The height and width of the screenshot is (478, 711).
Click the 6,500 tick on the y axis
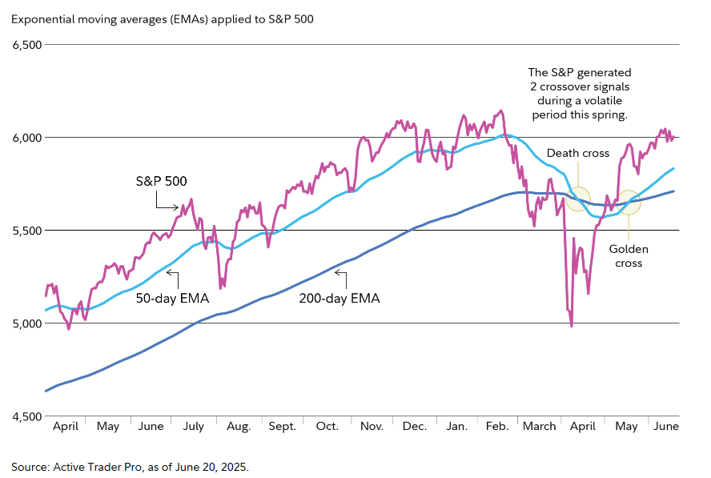(x=26, y=45)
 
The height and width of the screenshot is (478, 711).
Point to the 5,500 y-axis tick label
(x=26, y=231)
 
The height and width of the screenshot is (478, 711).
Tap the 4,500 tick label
(x=26, y=417)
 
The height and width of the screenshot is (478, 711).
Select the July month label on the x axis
(x=194, y=427)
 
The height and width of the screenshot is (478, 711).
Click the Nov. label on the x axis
(x=372, y=427)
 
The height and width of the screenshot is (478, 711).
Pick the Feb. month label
(x=497, y=427)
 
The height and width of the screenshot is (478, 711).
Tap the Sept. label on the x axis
(x=283, y=427)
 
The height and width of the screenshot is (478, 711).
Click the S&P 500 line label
(x=160, y=182)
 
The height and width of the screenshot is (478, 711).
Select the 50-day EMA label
(x=173, y=299)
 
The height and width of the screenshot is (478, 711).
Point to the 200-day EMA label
(x=339, y=299)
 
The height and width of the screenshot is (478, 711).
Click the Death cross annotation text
(x=577, y=153)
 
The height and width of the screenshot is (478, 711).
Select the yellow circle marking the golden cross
(x=629, y=203)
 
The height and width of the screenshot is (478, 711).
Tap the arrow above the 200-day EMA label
(x=339, y=275)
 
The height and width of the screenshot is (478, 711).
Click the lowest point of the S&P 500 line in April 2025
(x=572, y=326)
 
